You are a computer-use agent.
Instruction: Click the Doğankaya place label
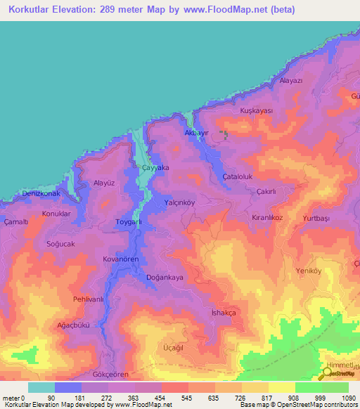coord(164,278)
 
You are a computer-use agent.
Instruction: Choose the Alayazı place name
coord(290,81)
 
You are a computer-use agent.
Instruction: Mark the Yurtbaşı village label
coord(316,218)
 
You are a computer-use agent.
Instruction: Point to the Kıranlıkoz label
coord(267,218)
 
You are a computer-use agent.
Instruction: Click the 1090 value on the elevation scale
coord(349,398)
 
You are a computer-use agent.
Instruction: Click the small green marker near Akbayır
coord(224,134)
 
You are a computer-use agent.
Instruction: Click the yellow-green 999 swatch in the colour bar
coord(308,387)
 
